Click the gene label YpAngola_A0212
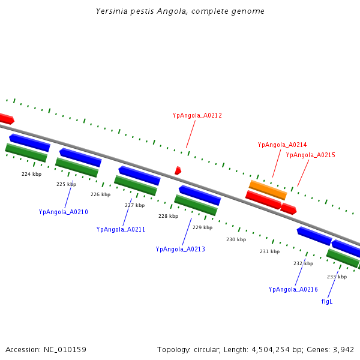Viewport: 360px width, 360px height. tap(197, 115)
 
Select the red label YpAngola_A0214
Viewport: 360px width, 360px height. tap(282, 145)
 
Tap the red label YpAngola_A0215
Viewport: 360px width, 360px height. tap(310, 155)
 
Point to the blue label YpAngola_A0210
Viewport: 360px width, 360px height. tap(63, 212)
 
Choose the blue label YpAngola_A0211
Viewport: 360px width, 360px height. tap(121, 229)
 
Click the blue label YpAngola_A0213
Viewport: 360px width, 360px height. tap(180, 249)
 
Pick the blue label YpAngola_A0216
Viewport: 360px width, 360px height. tap(293, 289)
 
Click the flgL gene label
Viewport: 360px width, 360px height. tap(327, 301)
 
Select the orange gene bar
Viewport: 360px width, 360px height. tap(268, 190)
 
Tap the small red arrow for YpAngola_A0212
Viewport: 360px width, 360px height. tap(178, 171)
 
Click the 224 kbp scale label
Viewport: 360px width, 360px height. tap(31, 174)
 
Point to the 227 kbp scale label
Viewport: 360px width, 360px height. tap(134, 205)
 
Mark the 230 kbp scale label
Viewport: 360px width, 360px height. tap(236, 239)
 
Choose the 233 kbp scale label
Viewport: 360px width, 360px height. tap(337, 277)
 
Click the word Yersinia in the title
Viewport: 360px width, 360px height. tap(110, 11)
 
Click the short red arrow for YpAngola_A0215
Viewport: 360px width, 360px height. tap(289, 209)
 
